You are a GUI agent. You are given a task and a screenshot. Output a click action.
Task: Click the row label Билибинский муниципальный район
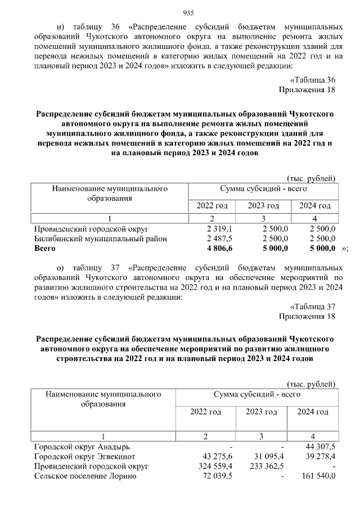101,238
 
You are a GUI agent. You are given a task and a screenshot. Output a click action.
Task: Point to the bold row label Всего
45,248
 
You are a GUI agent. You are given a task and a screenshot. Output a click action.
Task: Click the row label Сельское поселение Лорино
85,476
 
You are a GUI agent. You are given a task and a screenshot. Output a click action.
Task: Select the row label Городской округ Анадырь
82,447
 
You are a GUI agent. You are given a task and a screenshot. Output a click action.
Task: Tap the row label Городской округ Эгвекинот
85,456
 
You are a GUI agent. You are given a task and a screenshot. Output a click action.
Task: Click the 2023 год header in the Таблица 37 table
261,412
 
